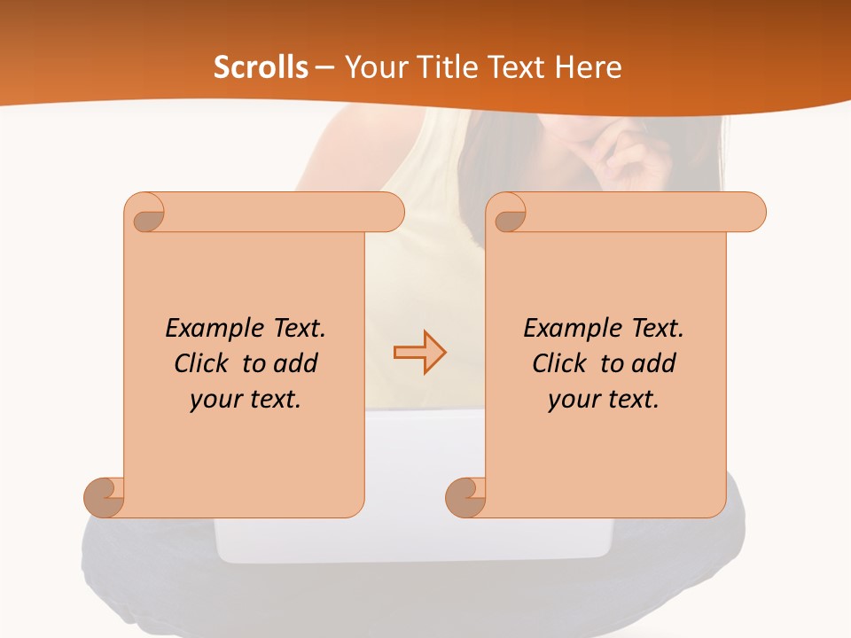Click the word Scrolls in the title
[261, 67]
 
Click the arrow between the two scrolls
[419, 353]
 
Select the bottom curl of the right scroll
[465, 497]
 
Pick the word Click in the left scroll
[205, 363]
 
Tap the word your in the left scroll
[215, 399]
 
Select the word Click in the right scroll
[563, 363]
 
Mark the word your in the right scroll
[573, 399]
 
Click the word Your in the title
[372, 67]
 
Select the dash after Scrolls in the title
[324, 67]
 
